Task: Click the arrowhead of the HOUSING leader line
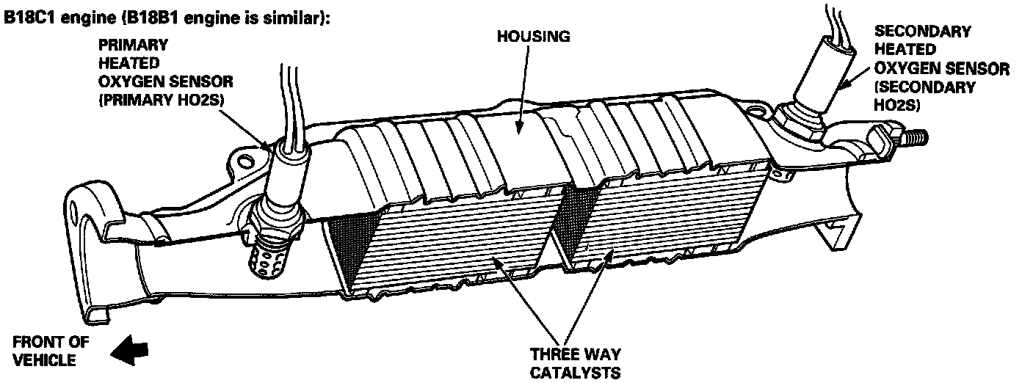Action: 518,131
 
